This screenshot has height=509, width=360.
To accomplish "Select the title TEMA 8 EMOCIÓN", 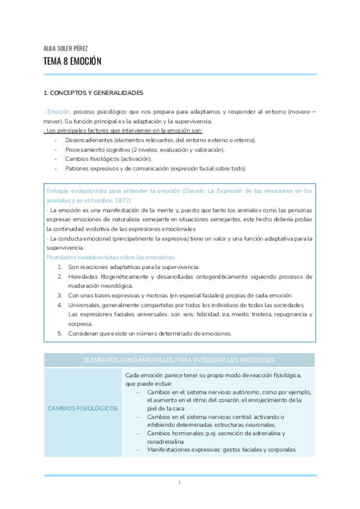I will tap(73, 61).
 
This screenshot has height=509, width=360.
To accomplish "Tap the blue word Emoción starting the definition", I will tap(59, 112).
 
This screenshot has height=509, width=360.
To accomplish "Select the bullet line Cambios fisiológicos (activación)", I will tap(109, 158).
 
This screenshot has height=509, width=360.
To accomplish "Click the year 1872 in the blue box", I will tap(121, 200).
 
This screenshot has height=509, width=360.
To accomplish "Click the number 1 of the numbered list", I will tap(60, 267).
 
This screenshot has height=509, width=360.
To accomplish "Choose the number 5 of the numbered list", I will tap(60, 333).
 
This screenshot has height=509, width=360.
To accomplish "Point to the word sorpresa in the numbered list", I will tap(80, 324).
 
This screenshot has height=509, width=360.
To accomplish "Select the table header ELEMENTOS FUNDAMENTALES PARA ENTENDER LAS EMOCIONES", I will tap(179, 360).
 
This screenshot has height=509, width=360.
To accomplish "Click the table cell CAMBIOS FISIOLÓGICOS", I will tap(82, 409).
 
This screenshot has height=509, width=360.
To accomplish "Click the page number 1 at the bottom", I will tap(179, 483).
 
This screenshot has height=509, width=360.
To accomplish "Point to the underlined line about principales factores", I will tap(123, 130).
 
